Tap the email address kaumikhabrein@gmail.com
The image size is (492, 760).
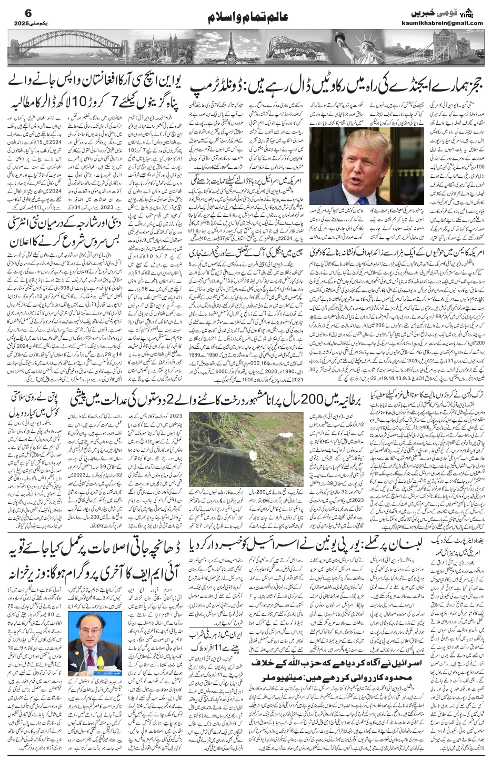(448, 23)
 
